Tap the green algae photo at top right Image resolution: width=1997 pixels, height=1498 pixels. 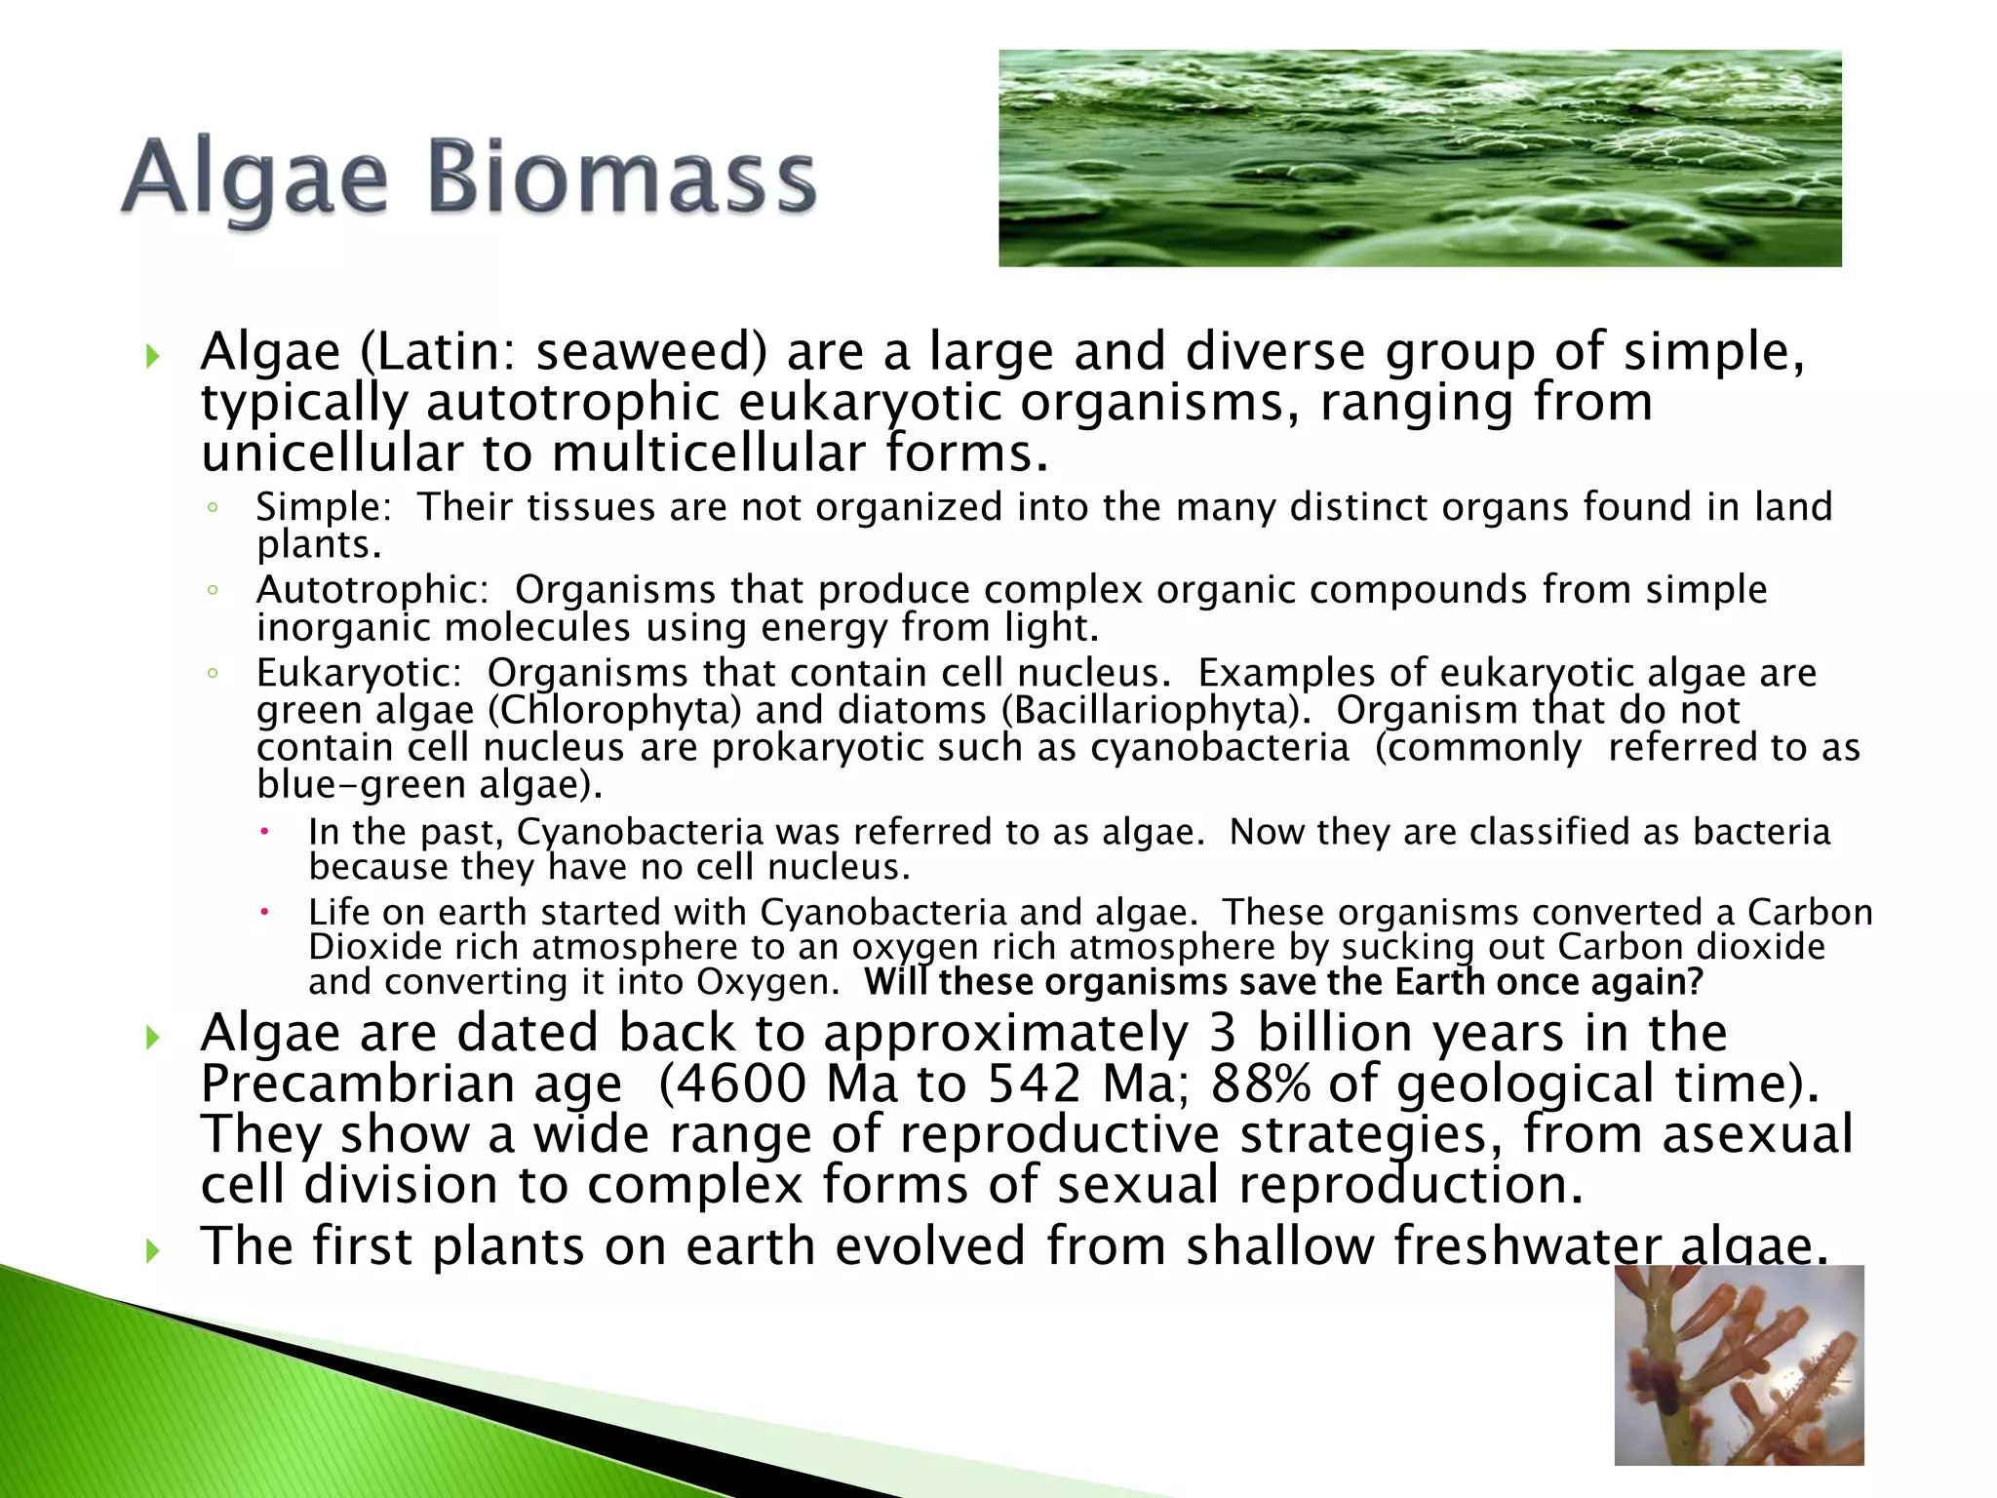(1419, 158)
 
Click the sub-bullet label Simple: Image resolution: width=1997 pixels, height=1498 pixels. (323, 508)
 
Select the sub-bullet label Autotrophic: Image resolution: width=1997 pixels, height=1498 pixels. (372, 590)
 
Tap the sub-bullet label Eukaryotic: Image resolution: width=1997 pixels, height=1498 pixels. (358, 674)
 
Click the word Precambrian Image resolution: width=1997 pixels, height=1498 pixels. (411, 1084)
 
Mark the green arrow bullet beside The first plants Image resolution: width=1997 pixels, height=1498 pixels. (152, 1249)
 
